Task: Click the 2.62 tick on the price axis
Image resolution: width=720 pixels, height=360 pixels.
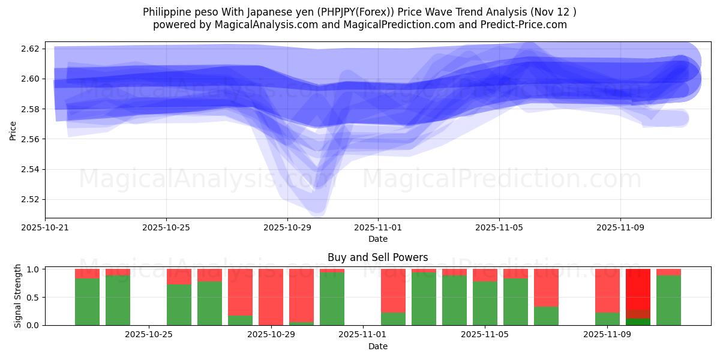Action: (x=31, y=49)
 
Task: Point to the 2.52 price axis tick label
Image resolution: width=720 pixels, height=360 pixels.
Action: (x=31, y=199)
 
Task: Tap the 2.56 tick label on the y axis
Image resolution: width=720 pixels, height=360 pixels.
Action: (x=31, y=139)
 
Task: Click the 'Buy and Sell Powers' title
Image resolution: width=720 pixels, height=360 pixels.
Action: (x=377, y=257)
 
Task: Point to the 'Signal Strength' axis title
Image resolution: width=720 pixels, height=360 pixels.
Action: (x=18, y=296)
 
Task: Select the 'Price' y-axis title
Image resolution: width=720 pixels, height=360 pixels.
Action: (x=13, y=130)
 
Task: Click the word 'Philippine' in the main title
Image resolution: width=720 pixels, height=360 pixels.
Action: (x=164, y=12)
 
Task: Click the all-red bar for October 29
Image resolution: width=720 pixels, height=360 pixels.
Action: (x=271, y=297)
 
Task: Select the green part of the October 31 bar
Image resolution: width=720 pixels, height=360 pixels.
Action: (x=332, y=299)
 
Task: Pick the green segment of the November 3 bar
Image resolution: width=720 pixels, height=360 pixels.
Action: (x=424, y=299)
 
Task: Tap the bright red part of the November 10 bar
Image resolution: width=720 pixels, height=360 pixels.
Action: (x=638, y=289)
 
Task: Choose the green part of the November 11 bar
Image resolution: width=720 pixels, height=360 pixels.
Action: (x=668, y=300)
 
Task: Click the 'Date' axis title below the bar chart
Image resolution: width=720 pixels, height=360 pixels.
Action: (x=377, y=346)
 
